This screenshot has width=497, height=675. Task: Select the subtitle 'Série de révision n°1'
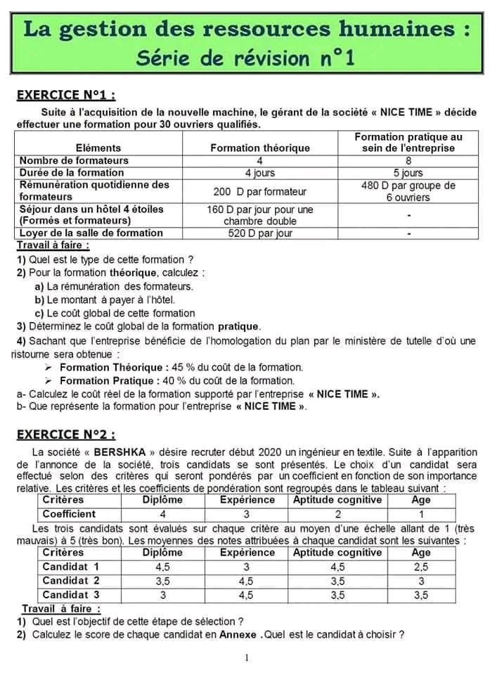click(245, 58)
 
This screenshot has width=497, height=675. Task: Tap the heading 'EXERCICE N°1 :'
click(66, 95)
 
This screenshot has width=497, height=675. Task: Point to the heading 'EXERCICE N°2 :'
click(66, 435)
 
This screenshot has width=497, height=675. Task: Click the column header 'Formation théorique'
click(260, 148)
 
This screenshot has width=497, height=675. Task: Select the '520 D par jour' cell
click(260, 233)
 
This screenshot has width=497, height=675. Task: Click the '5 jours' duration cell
click(408, 172)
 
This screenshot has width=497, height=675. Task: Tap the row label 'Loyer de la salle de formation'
click(91, 233)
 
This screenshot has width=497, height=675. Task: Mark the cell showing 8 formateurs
click(408, 160)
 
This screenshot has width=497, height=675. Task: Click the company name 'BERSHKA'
click(123, 452)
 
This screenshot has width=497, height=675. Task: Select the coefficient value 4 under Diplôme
click(162, 514)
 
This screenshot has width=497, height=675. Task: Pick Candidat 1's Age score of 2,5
click(420, 567)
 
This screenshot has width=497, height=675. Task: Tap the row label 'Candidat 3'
click(71, 595)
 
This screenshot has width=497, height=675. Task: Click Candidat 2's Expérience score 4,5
click(246, 581)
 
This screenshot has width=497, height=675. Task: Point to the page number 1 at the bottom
click(247, 658)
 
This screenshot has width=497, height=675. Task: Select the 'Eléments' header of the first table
click(98, 148)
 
